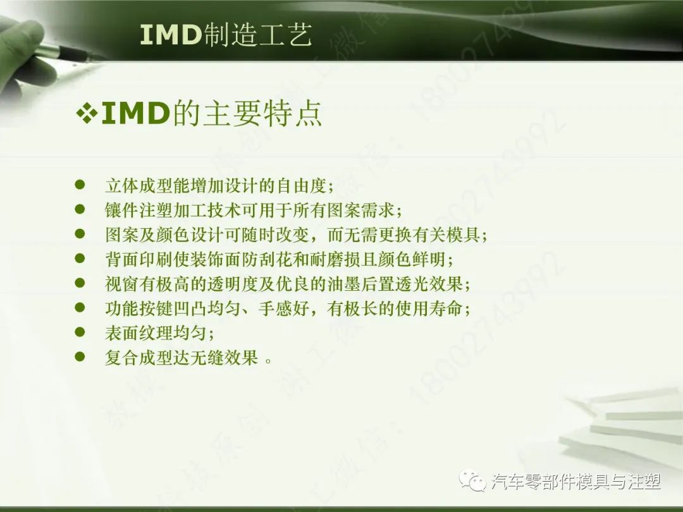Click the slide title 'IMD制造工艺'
click(226, 36)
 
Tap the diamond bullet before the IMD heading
click(87, 114)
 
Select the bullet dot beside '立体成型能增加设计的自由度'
click(80, 185)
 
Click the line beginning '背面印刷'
click(279, 259)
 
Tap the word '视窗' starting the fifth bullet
click(117, 284)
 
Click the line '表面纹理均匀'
click(159, 333)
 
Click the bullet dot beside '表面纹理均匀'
click(80, 332)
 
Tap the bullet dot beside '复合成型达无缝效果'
click(80, 357)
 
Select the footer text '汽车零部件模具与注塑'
click(576, 482)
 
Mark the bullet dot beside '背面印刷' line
click(80, 258)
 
